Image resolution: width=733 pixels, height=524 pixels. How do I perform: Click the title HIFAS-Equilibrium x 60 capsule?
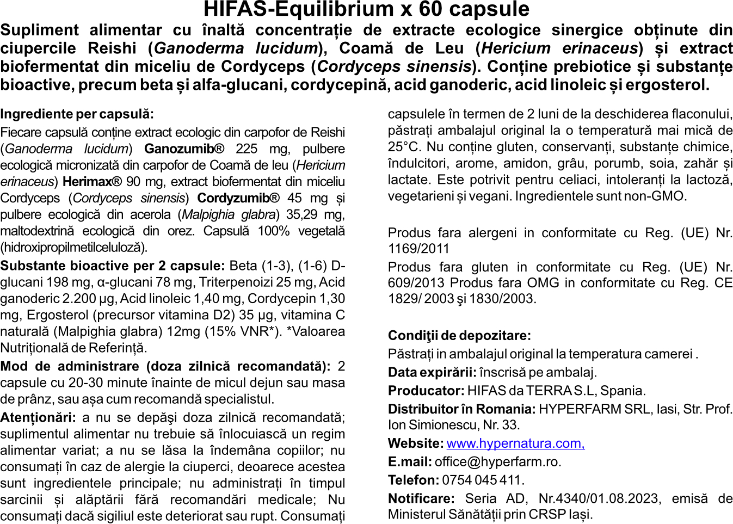tap(366, 9)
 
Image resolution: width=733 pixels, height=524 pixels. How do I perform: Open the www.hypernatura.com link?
tap(515, 443)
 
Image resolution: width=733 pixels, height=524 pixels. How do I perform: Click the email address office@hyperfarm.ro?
tap(497, 462)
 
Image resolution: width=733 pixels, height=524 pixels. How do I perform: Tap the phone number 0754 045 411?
tap(482, 480)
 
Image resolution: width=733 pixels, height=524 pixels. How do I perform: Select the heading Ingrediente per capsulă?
tap(77, 114)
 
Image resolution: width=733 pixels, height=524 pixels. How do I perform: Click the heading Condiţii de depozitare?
tap(459, 336)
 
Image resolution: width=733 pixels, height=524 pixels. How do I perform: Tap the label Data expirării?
tap(432, 373)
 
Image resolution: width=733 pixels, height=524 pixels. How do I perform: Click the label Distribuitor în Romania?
tap(461, 409)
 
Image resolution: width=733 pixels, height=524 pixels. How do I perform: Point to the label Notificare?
tap(421, 499)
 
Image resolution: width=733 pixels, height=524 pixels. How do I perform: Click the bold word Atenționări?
tap(38, 418)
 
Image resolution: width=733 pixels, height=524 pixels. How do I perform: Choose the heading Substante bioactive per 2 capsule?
tap(112, 266)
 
